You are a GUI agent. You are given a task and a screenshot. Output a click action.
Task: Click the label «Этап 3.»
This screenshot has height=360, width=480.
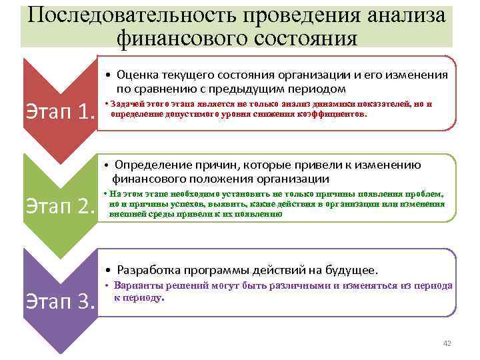point(59,302)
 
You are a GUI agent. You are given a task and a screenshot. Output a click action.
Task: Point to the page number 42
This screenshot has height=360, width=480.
point(447,343)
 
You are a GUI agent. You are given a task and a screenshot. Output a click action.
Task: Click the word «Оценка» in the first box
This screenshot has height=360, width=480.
point(140,75)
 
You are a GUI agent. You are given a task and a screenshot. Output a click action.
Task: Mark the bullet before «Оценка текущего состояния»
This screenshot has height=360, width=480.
point(108,75)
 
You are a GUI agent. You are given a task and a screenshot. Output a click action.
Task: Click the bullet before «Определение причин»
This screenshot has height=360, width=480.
point(107,165)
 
